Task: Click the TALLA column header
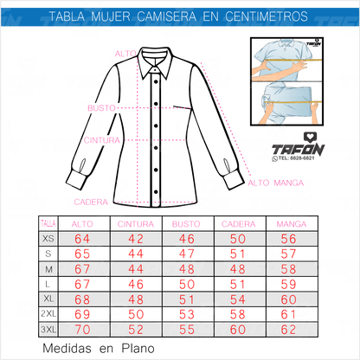click(x=48, y=224)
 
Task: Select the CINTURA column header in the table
click(x=136, y=224)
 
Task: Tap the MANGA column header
click(x=292, y=224)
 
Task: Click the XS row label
click(x=48, y=239)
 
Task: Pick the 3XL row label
click(x=48, y=329)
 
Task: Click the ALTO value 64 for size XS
click(x=82, y=239)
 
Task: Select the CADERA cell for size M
click(x=238, y=269)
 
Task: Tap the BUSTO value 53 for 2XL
click(x=187, y=314)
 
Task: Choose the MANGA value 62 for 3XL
click(x=288, y=330)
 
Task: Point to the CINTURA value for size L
click(x=136, y=285)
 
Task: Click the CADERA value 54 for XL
click(x=238, y=299)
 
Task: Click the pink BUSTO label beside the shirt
click(x=101, y=108)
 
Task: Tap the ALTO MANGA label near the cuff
click(x=276, y=183)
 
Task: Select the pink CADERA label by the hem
click(x=91, y=202)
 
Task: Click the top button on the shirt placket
click(x=156, y=82)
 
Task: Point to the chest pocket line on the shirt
click(x=182, y=107)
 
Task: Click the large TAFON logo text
click(x=299, y=150)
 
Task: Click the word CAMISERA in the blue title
click(x=166, y=16)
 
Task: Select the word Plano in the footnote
click(x=138, y=349)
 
